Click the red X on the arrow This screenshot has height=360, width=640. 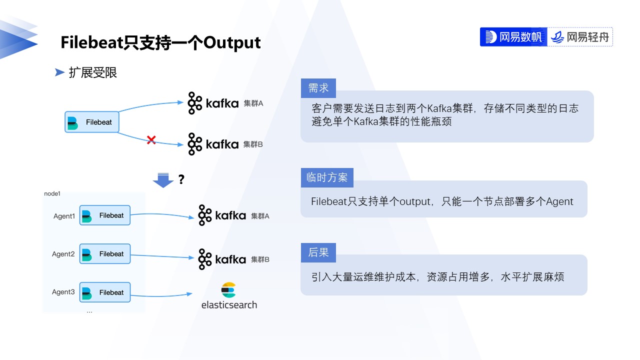pyautogui.click(x=151, y=140)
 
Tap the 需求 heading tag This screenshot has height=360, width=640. pyautogui.click(x=318, y=88)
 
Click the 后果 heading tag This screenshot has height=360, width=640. pyautogui.click(x=318, y=253)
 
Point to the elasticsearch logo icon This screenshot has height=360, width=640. pyautogui.click(x=228, y=290)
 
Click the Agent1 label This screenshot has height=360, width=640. pyautogui.click(x=64, y=216)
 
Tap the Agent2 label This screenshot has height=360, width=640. pyautogui.click(x=63, y=254)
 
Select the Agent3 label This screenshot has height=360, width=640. pyautogui.click(x=63, y=292)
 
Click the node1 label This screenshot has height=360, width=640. pyautogui.click(x=52, y=193)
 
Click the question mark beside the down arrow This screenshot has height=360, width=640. pyautogui.click(x=181, y=179)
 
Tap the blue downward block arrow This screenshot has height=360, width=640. pyautogui.click(x=163, y=180)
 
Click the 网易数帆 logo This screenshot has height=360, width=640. pyautogui.click(x=513, y=37)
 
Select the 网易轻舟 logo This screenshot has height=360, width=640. pyautogui.click(x=580, y=37)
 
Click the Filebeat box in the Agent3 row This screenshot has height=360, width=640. pyautogui.click(x=105, y=292)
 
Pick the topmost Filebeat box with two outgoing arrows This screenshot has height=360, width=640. pyautogui.click(x=92, y=122)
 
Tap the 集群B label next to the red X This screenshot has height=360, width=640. pyautogui.click(x=253, y=144)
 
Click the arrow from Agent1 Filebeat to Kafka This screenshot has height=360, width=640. pyautogui.click(x=162, y=215)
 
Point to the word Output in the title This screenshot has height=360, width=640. pyautogui.click(x=232, y=42)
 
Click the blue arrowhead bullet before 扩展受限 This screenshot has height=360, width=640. pyautogui.click(x=59, y=73)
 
